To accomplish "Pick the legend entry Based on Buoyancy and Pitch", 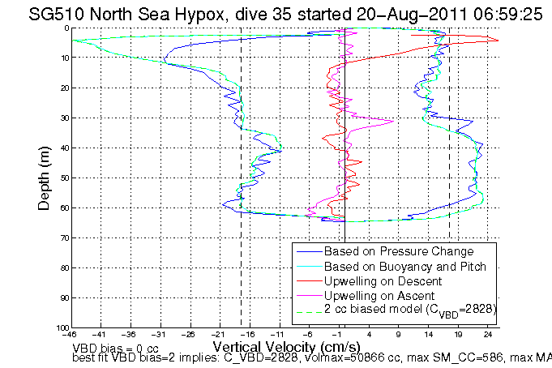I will click(x=404, y=266).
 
